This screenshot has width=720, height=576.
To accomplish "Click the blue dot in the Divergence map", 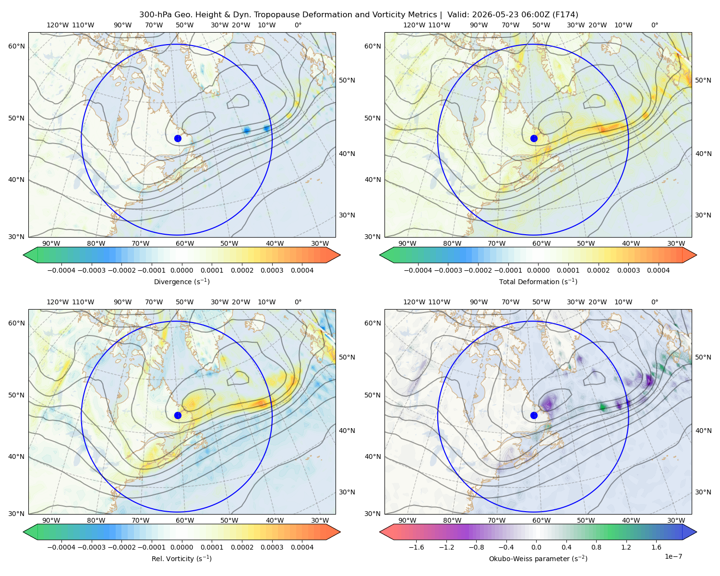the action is (x=178, y=139).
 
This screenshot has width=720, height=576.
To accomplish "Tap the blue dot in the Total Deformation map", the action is (x=534, y=139).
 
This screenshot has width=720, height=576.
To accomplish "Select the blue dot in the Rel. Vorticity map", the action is (x=178, y=415).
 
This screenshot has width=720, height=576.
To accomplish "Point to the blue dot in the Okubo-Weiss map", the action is (x=534, y=415).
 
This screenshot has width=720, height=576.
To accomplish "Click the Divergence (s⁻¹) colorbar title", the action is (x=181, y=282).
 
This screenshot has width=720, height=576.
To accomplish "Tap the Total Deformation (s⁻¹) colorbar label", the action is (x=538, y=282).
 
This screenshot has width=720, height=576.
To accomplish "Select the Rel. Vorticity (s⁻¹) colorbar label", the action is (x=181, y=559).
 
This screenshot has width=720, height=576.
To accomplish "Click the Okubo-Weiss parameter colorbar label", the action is (x=538, y=559).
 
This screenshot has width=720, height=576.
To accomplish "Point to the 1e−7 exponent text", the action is (x=673, y=557).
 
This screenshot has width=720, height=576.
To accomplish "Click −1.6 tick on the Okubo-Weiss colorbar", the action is (x=416, y=547).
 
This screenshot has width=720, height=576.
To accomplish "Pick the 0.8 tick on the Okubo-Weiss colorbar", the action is (x=596, y=547).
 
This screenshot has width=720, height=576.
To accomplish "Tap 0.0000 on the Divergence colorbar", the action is (x=181, y=270).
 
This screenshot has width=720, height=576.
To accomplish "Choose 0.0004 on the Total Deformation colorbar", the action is (x=659, y=270).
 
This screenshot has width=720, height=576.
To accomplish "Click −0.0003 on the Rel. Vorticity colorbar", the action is (x=91, y=547).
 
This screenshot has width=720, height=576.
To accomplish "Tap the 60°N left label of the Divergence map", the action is (x=16, y=46).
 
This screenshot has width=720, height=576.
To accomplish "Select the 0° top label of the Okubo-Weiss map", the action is (x=655, y=302).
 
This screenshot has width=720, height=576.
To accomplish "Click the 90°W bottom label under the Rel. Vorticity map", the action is (x=51, y=520).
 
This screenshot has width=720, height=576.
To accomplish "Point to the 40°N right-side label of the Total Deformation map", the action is (x=703, y=154).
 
